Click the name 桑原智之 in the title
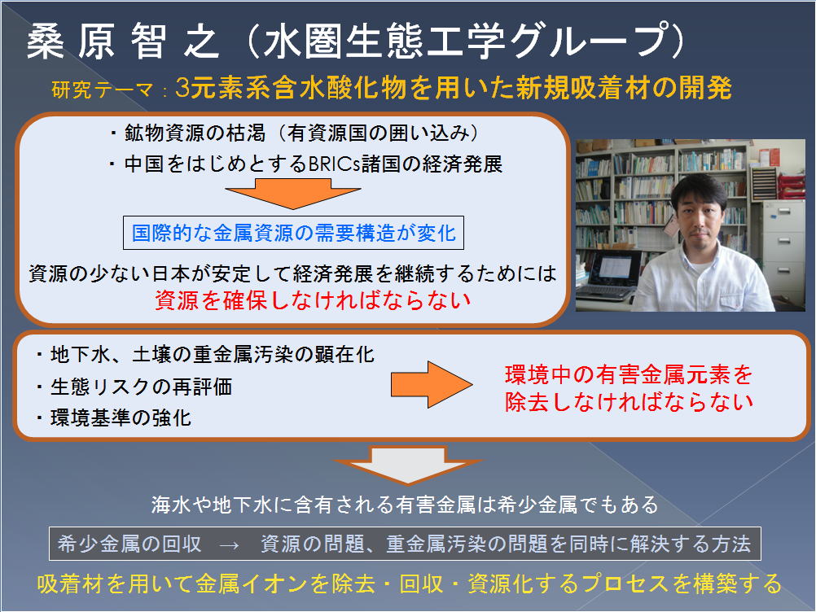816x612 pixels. click(123, 41)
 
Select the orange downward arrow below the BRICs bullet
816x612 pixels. click(293, 194)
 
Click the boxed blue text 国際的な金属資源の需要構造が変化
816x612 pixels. click(293, 233)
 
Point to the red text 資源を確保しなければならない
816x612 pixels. click(313, 300)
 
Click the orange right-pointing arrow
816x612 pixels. click(432, 385)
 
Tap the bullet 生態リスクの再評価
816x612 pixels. click(134, 387)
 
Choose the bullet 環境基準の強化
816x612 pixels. click(114, 418)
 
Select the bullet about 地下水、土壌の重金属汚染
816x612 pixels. click(205, 355)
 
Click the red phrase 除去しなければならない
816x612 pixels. click(629, 402)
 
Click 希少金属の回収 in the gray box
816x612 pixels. click(129, 544)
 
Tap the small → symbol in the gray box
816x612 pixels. click(230, 544)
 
